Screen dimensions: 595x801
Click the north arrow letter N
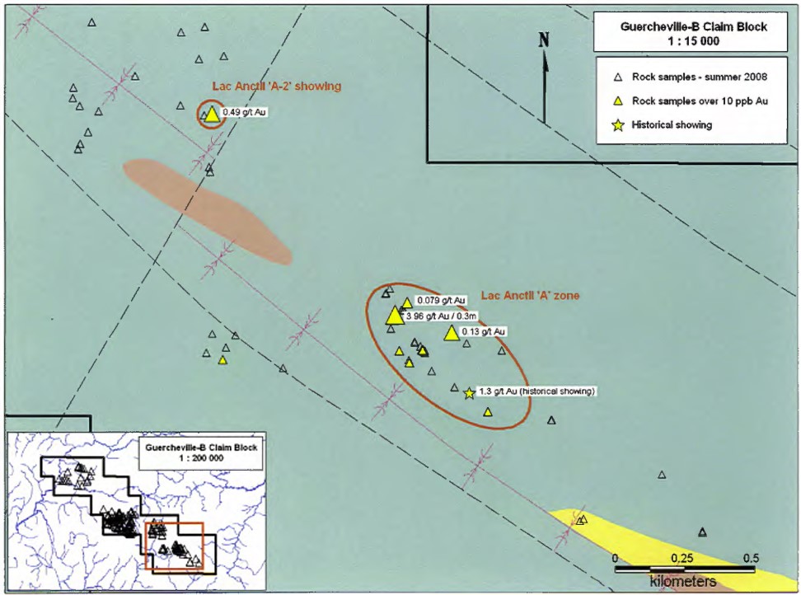[543, 40]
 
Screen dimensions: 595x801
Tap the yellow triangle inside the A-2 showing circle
[212, 115]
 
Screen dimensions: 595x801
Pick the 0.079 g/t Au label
[441, 300]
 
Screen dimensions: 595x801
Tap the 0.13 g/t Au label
[483, 331]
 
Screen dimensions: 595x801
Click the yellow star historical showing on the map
[469, 393]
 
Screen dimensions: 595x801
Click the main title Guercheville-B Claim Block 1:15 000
[693, 32]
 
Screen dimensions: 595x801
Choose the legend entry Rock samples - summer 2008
[699, 77]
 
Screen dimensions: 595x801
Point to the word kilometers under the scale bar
[682, 582]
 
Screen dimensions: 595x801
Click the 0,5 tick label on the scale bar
[749, 558]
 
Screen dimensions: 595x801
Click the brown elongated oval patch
[208, 212]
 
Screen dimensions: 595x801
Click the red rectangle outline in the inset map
[146, 545]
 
